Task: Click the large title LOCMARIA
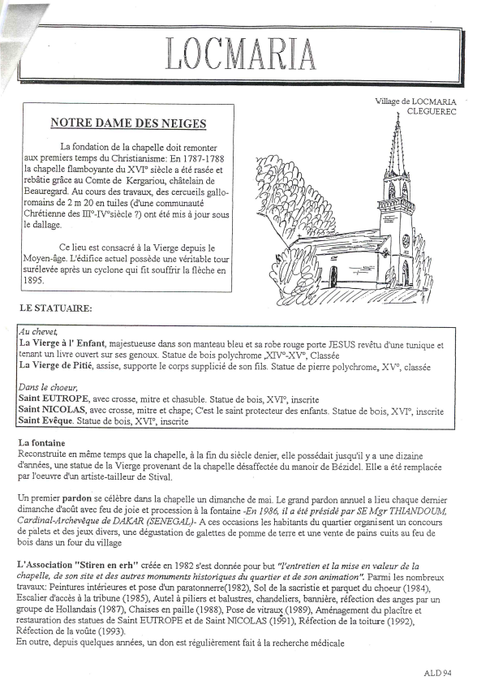[240, 54]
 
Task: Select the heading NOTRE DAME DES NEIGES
[128, 123]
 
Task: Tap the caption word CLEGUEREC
[432, 111]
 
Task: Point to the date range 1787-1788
[203, 158]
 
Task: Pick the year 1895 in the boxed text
[32, 281]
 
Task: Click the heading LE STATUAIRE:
[55, 308]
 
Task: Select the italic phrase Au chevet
[37, 333]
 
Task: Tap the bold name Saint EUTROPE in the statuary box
[54, 399]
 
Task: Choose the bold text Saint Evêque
[45, 421]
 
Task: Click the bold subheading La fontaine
[41, 443]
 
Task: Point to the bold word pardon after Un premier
[77, 499]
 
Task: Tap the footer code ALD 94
[438, 673]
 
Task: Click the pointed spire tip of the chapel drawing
[398, 112]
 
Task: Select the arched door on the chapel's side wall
[333, 277]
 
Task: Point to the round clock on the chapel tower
[406, 240]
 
